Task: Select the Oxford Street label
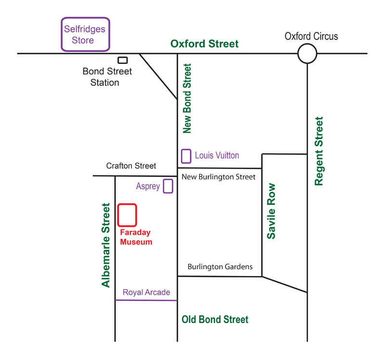tap(204, 44)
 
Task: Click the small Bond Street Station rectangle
tap(123, 60)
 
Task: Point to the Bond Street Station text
tap(107, 77)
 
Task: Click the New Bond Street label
tap(187, 99)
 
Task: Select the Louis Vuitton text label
tap(217, 155)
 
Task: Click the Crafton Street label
tap(131, 166)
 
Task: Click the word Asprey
tap(148, 187)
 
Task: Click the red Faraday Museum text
tap(136, 237)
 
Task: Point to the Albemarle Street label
tap(105, 245)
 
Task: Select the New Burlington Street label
tap(218, 177)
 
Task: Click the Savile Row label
tap(271, 211)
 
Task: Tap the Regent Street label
tap(319, 151)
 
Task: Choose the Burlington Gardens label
tap(220, 267)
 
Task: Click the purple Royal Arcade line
tap(146, 300)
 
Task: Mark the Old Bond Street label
tap(215, 320)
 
